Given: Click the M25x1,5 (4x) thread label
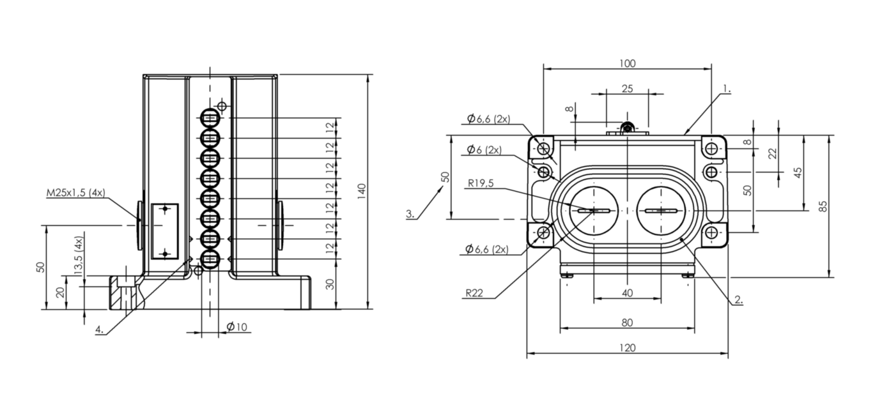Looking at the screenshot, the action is point(76,193).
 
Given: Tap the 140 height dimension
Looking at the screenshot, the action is point(362,191).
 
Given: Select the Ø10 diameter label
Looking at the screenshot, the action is point(237,326).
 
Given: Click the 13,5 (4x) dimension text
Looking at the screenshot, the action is point(79,256).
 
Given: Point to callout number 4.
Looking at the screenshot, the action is point(100,330).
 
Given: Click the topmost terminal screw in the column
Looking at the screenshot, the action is point(210,118).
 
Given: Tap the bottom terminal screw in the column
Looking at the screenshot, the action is point(210,259).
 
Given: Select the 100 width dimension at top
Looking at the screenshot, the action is point(628,63).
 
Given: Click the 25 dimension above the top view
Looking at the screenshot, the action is point(627,89).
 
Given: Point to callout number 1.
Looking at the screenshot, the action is point(727,89).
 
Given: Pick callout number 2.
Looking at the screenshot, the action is point(739,300).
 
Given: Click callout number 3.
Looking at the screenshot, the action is point(410,214).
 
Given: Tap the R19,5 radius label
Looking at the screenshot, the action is point(481,183).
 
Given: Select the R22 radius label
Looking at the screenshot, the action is point(474,293).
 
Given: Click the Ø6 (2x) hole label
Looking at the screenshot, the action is point(484,149).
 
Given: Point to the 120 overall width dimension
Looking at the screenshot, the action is point(628,348).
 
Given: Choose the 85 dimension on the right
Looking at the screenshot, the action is point(823,206).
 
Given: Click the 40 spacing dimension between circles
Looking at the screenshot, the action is point(627,293).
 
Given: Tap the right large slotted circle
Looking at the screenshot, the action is point(661,211).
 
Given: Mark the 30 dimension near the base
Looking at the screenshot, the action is point(331,284).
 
